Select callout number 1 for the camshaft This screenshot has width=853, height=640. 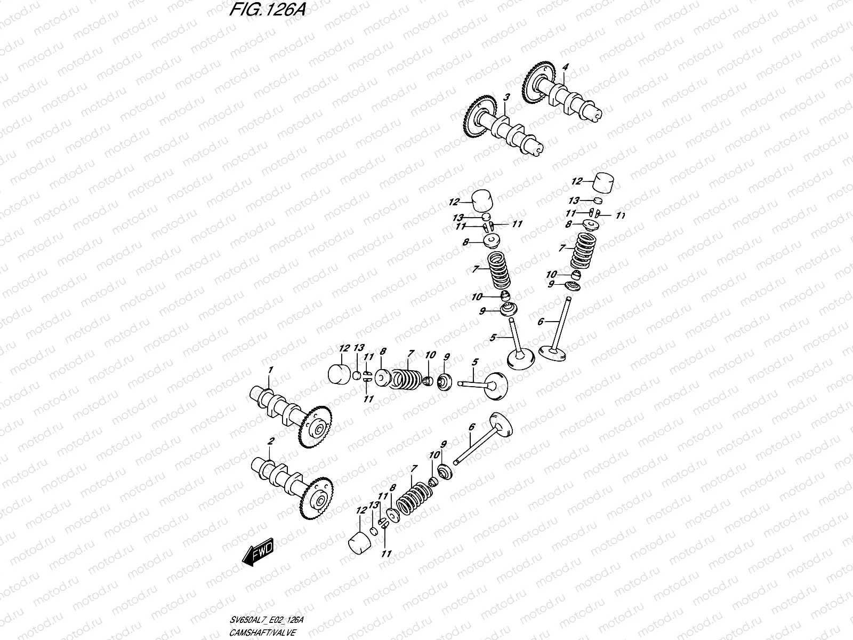270,370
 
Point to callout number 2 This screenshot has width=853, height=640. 271,441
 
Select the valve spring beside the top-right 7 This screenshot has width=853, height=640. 584,251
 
